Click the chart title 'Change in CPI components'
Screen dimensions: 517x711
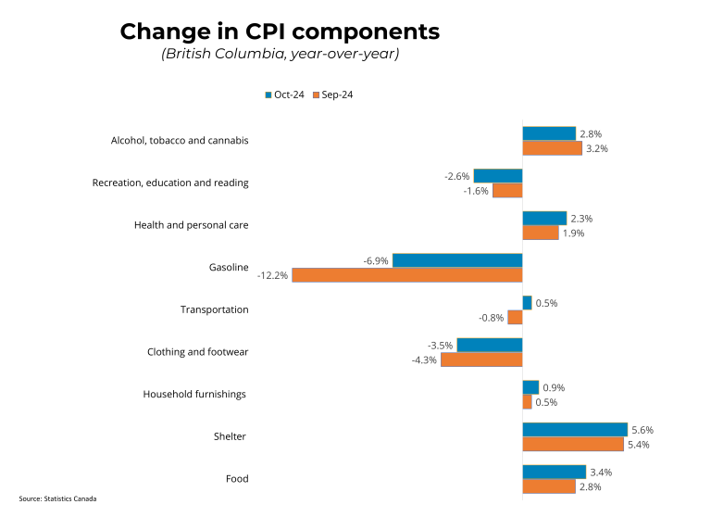coord(280,32)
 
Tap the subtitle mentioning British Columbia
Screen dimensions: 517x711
coord(280,55)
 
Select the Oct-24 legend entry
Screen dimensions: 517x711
coord(284,95)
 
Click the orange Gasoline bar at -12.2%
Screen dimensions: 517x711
coord(407,275)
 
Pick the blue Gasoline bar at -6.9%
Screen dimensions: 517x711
coord(457,260)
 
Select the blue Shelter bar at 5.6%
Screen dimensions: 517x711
coord(575,430)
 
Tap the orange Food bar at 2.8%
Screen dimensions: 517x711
coord(549,486)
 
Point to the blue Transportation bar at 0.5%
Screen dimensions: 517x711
coord(527,303)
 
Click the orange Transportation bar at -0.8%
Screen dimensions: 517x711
coord(516,318)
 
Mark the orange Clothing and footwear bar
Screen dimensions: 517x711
coord(481,359)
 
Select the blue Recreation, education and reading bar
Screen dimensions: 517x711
coord(498,176)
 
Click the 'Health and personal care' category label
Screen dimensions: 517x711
coord(191,225)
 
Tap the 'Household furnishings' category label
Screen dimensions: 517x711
coord(194,394)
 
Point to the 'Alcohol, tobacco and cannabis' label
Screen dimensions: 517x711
coord(180,141)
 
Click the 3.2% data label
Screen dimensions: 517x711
coord(597,148)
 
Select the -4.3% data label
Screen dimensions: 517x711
coord(424,360)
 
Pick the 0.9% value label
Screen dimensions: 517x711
coord(554,387)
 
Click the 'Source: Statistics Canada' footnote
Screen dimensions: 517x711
coord(57,498)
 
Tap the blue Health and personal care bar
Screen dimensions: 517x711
coord(544,219)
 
